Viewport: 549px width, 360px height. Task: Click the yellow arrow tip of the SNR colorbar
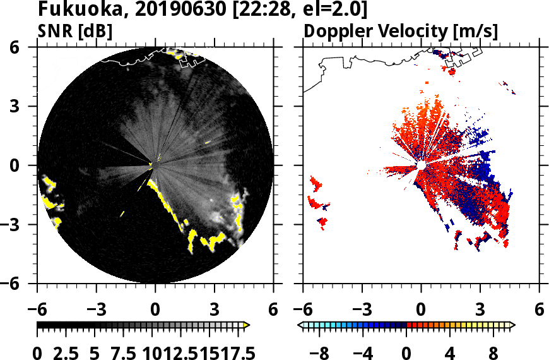pos(247,325)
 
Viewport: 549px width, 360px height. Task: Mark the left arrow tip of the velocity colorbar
pos(300,325)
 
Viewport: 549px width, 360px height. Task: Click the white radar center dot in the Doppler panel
pos(421,165)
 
